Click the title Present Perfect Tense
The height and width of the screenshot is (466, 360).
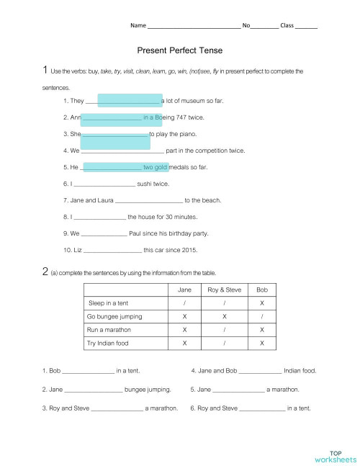[179, 51]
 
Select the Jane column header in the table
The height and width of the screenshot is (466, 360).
[184, 289]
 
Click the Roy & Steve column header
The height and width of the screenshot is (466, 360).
[223, 289]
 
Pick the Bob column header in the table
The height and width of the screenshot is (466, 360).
[261, 289]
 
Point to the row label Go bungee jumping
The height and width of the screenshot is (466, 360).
[114, 316]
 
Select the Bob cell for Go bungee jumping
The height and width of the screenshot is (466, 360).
[261, 316]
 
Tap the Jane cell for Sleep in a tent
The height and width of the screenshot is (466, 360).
[184, 303]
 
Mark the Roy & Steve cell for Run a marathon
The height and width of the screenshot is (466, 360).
[223, 330]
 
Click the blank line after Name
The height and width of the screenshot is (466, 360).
[193, 26]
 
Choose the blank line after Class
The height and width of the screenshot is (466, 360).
[306, 26]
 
